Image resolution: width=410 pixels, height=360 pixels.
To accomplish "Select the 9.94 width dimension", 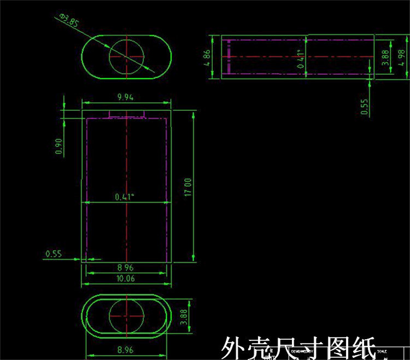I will [x=126, y=97].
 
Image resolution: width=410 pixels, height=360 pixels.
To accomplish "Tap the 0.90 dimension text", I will [x=59, y=146].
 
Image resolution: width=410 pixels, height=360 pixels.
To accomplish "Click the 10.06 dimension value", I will [x=126, y=279].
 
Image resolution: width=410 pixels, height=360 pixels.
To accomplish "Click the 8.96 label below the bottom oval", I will [x=126, y=349].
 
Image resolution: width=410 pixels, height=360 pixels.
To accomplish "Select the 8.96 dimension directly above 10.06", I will [x=126, y=268].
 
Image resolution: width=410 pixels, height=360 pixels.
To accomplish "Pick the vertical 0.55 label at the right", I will [x=365, y=106].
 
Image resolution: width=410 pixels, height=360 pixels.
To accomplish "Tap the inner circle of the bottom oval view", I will [x=126, y=316].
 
